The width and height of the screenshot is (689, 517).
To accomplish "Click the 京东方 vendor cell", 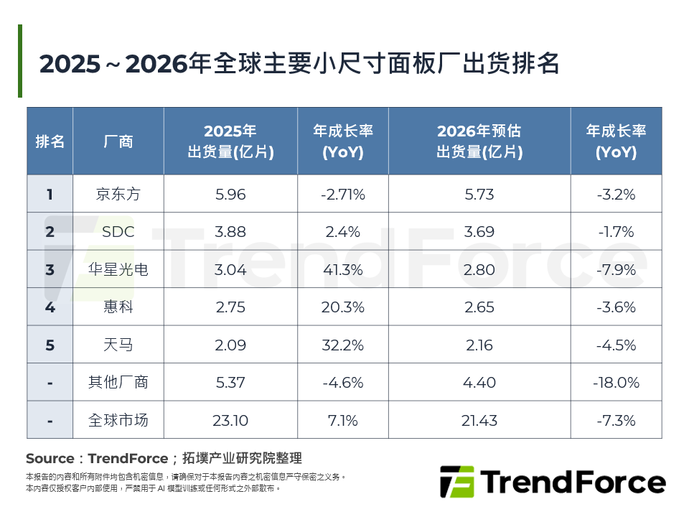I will tap(118, 194).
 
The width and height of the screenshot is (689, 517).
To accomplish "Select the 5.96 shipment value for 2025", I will tap(230, 194).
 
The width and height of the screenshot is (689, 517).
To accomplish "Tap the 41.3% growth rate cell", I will tap(343, 269).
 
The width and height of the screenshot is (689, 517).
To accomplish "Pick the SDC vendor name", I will tap(118, 232).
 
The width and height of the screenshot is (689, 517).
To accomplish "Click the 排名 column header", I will tap(50, 141).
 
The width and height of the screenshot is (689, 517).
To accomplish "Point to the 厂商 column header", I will tap(118, 141).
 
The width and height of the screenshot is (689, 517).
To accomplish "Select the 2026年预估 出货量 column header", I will tap(479, 141).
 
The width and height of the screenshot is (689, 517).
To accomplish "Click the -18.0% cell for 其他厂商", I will tap(616, 383).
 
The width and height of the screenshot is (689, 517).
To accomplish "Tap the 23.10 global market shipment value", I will tap(230, 420).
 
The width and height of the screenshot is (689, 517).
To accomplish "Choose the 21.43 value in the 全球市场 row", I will tap(479, 420).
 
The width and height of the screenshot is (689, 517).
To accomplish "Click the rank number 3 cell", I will tap(50, 269).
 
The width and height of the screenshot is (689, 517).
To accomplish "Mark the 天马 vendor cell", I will tap(118, 345).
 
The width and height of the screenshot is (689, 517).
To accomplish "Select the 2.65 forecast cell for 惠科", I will tap(479, 307).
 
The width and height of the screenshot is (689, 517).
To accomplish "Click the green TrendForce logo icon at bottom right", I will tap(456, 483).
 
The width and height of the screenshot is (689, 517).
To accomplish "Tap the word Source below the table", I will tap(50, 459).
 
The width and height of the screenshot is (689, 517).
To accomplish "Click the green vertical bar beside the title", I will tap(20, 61).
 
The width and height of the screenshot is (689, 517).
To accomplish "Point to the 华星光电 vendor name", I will tap(118, 269).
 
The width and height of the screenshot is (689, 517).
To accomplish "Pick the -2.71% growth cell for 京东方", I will tap(343, 194).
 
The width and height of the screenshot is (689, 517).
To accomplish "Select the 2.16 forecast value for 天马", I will tap(479, 345).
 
